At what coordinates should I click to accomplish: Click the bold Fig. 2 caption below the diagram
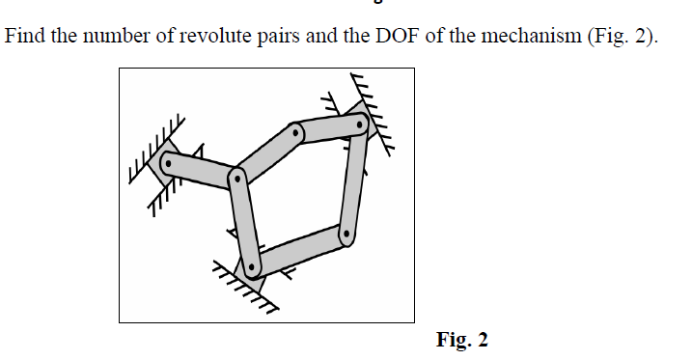(x=462, y=339)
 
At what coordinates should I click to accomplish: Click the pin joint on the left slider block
(x=169, y=163)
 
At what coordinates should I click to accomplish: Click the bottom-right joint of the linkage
(x=344, y=233)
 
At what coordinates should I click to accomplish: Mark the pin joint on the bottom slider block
(x=252, y=264)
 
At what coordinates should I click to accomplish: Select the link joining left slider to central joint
(x=203, y=171)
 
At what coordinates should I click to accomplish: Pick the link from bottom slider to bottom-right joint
(x=299, y=249)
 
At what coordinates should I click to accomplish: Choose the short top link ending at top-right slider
(x=329, y=128)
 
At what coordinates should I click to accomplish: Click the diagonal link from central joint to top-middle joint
(x=266, y=155)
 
